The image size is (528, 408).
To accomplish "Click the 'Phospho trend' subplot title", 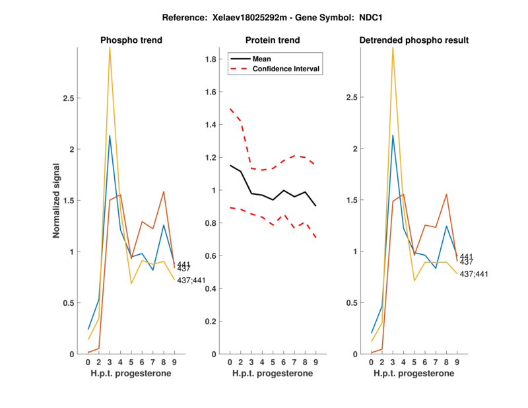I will coord(131,40).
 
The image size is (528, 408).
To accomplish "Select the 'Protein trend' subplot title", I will coord(272,40).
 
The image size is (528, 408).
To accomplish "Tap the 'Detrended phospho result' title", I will coord(414,40).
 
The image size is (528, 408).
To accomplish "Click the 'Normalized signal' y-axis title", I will coord(57,201).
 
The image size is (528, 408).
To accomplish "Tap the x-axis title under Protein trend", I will coord(272,374).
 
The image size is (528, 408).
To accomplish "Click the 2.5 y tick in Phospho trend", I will coord(72,98).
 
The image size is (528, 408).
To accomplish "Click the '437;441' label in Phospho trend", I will coord(191,281).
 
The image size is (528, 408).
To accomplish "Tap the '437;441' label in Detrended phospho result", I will coord(474,274).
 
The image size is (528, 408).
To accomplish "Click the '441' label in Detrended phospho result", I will coord(466,257).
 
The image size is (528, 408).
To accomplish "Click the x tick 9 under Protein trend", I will coord(315,362).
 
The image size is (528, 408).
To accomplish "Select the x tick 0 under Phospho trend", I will coord(88,362).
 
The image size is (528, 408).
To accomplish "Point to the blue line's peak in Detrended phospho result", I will coord(393,135).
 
